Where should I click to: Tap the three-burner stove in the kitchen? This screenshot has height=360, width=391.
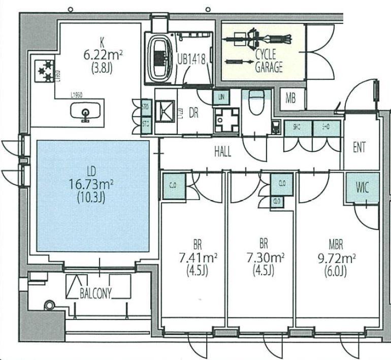44,71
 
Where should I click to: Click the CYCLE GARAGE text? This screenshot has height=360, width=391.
268,61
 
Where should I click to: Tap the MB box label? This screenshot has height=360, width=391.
290,99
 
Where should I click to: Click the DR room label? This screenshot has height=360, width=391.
193,113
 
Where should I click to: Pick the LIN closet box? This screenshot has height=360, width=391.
221,96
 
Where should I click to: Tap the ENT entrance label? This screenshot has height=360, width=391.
359,148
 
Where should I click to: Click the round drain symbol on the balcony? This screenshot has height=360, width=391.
49,306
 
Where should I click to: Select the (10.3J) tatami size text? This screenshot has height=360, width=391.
92,198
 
